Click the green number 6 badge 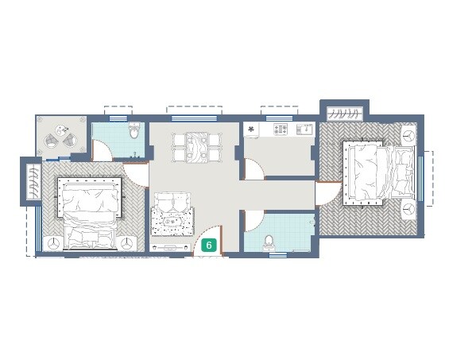209,246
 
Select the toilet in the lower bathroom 269,242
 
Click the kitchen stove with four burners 281,129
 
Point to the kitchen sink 304,129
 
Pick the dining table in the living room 196,148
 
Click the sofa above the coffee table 172,199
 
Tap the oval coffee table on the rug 173,222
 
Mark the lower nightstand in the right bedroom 408,211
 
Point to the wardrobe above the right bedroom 344,112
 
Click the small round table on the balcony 60,133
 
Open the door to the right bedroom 327,195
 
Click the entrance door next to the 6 209,235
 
